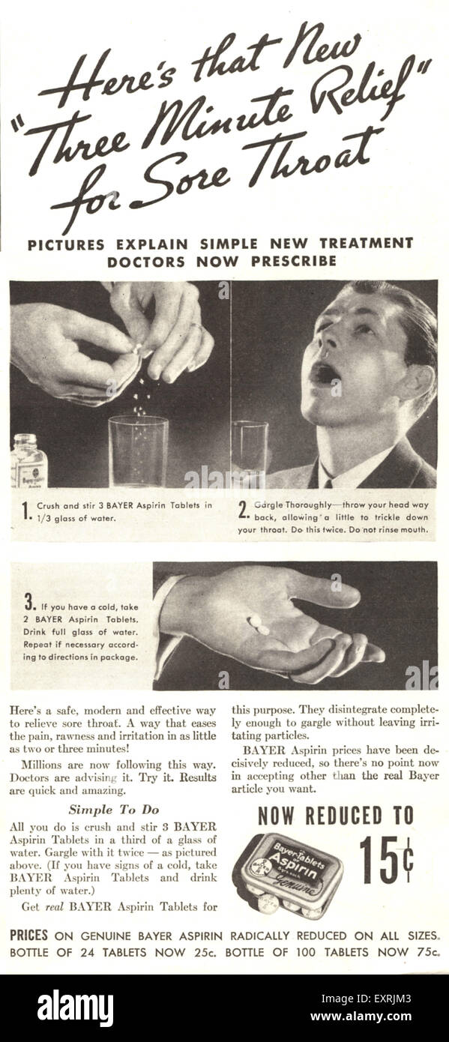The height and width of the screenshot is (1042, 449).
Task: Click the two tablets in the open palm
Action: [259, 624]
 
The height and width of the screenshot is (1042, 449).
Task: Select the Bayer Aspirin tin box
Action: [288, 873]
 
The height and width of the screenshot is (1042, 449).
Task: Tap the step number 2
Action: [243, 511]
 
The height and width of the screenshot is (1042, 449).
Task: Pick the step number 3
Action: [29, 601]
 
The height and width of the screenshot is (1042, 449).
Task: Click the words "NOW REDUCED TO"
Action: [335, 816]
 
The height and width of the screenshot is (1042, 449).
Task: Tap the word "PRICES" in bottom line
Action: [28, 935]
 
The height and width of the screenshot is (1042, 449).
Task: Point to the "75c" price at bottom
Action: [424, 952]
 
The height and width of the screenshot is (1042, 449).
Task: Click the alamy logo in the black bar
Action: [75, 1008]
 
